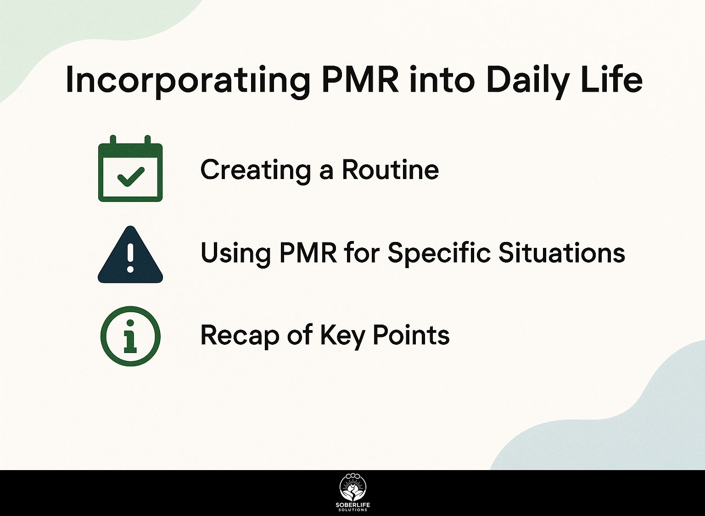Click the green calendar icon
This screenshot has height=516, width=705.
pyautogui.click(x=130, y=169)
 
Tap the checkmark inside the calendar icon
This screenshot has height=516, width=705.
pyautogui.click(x=131, y=177)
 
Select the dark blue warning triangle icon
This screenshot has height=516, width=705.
pyautogui.click(x=130, y=254)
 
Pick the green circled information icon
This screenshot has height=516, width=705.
pyautogui.click(x=130, y=336)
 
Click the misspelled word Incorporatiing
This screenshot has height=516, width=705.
pyautogui.click(x=188, y=82)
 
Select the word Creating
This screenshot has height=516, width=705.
pyautogui.click(x=257, y=171)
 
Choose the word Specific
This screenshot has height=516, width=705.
pyautogui.click(x=439, y=253)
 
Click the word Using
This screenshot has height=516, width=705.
pyautogui.click(x=235, y=254)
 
